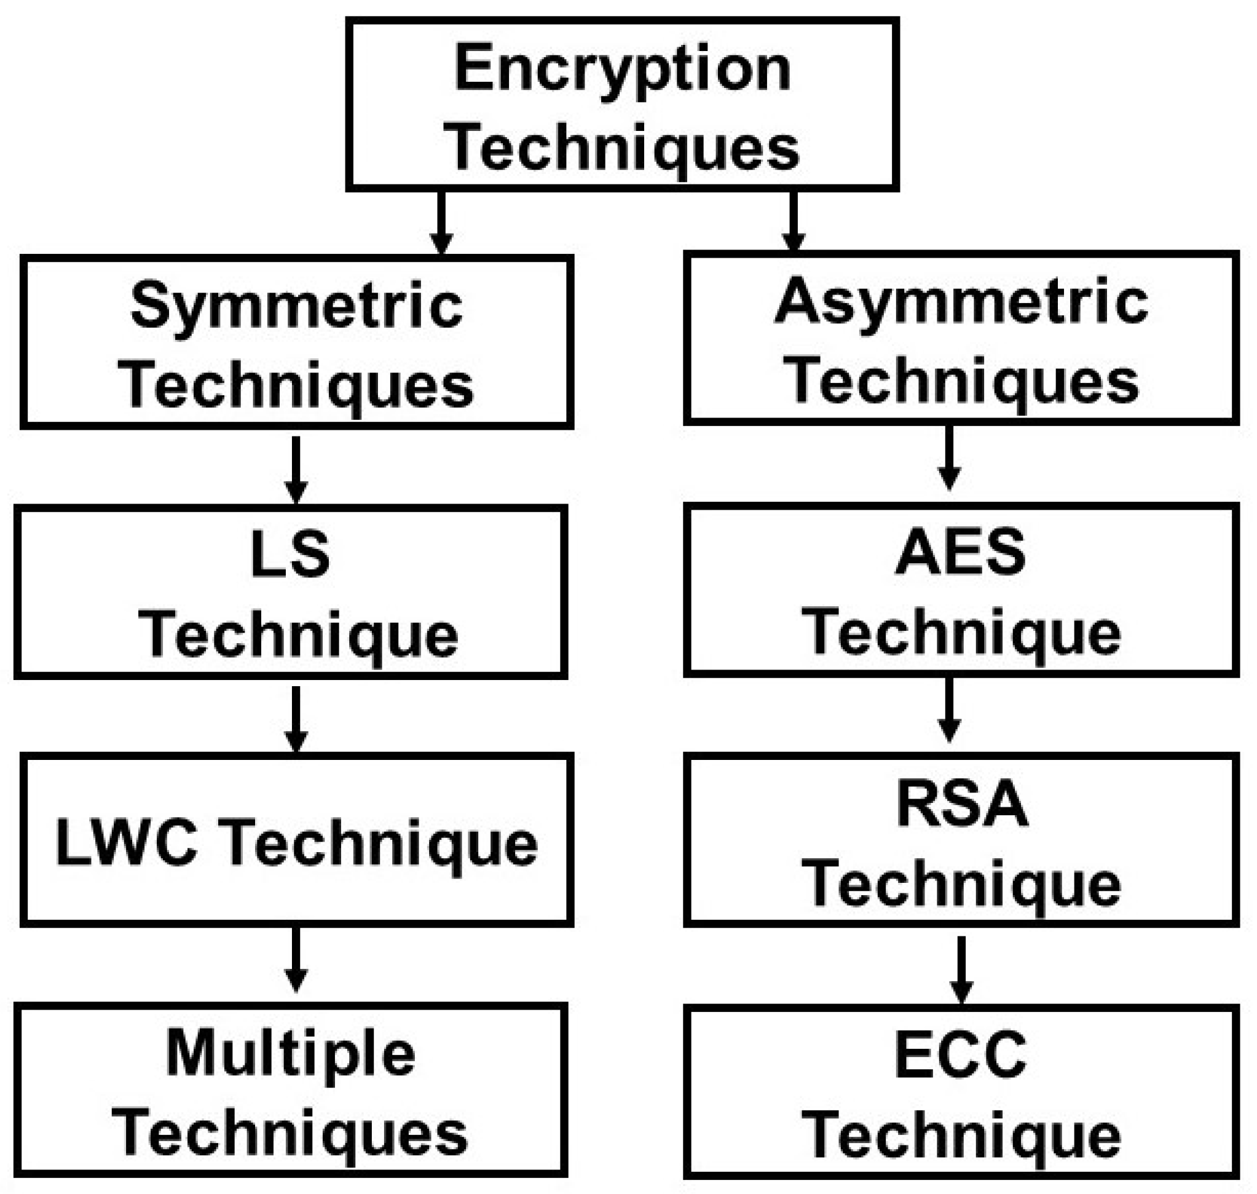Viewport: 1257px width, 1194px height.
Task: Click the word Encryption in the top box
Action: tap(622, 69)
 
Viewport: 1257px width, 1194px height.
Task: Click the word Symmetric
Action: tap(296, 307)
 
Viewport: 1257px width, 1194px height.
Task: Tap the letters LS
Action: tap(291, 555)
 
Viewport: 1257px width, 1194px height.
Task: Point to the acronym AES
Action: tap(961, 551)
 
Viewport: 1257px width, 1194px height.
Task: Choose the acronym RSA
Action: tap(962, 803)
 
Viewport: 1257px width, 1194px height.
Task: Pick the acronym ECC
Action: tap(961, 1054)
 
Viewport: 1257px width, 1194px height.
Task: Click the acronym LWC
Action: tap(127, 842)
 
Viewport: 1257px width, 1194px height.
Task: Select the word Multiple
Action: tap(291, 1054)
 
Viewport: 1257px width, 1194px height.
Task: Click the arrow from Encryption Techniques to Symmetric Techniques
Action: tap(441, 223)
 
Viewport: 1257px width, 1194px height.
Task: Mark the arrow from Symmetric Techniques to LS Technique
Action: tap(296, 470)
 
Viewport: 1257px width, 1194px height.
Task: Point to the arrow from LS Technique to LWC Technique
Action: tap(296, 718)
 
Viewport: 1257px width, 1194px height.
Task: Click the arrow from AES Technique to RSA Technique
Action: tap(949, 710)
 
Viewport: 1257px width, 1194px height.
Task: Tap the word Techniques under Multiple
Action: tap(290, 1135)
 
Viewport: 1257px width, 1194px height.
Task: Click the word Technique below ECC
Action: tap(961, 1137)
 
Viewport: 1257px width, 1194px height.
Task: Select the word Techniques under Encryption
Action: tap(625, 148)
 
